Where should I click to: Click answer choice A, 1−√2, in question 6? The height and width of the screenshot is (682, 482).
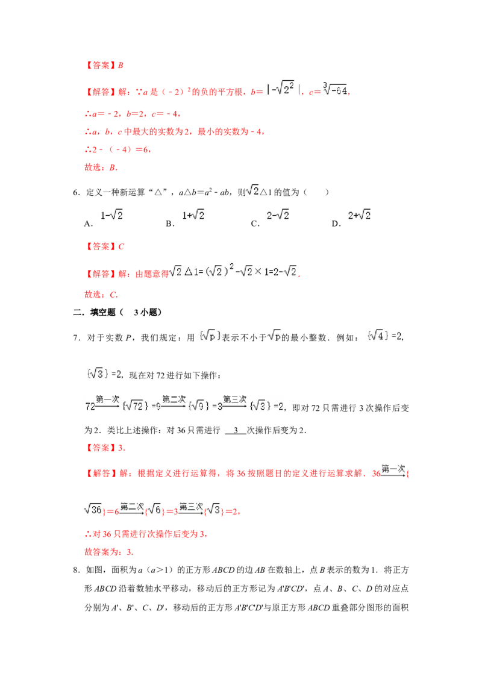click(111, 215)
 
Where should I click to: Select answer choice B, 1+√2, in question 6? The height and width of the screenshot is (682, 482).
click(193, 215)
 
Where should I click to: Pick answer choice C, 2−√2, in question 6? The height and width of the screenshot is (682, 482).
click(278, 215)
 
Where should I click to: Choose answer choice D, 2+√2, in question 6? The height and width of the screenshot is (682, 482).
click(359, 215)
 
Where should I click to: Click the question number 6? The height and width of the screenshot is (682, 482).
click(77, 192)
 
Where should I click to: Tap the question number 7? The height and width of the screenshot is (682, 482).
click(77, 338)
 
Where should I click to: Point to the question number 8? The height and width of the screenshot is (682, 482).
click(77, 570)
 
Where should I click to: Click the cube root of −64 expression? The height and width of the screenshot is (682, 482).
click(335, 89)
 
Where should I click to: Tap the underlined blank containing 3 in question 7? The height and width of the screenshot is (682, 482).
click(236, 431)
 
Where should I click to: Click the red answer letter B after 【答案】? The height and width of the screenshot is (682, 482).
click(120, 65)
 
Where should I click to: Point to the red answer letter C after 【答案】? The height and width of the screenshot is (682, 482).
click(121, 246)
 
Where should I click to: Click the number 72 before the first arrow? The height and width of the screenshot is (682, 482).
click(90, 407)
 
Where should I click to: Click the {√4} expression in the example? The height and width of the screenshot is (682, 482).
click(377, 336)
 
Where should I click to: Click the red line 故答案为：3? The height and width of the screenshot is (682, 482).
click(109, 552)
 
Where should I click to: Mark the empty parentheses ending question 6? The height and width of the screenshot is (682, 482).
click(316, 192)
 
